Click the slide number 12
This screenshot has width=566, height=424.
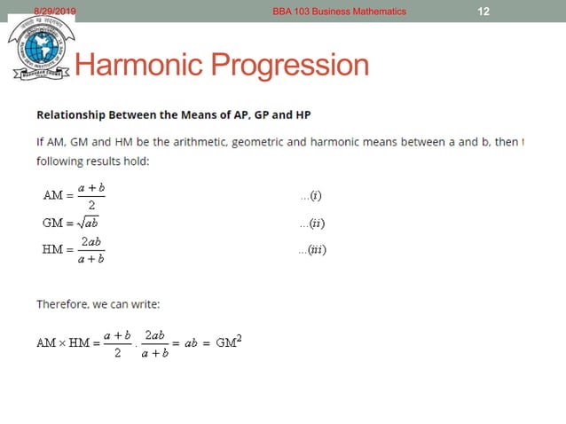[x=483, y=11]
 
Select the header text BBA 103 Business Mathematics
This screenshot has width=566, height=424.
[x=340, y=11]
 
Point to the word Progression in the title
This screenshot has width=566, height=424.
[x=296, y=66]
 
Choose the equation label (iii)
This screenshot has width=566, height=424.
[x=313, y=250]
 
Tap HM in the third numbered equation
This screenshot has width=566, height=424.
[x=53, y=250]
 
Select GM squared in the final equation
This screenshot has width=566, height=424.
[x=229, y=342]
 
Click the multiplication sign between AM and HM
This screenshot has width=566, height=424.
[x=63, y=343]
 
